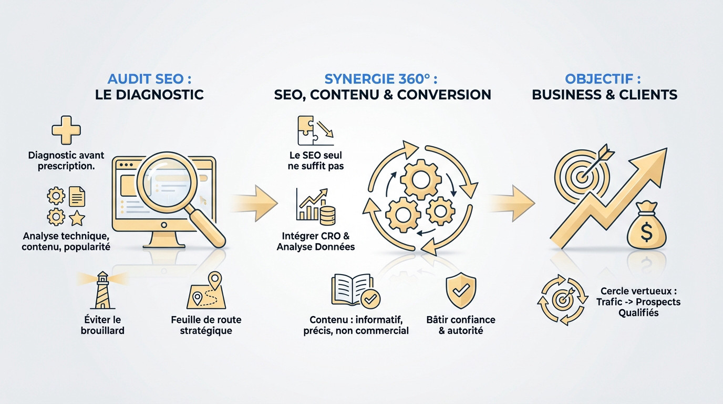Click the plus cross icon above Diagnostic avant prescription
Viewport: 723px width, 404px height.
pyautogui.click(x=66, y=130)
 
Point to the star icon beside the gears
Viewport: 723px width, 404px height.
pyautogui.click(x=77, y=217)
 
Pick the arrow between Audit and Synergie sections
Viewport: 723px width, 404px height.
pyautogui.click(x=256, y=203)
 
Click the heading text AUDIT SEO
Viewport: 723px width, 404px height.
pyautogui.click(x=149, y=79)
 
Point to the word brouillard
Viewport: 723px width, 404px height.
pyautogui.click(x=102, y=330)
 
